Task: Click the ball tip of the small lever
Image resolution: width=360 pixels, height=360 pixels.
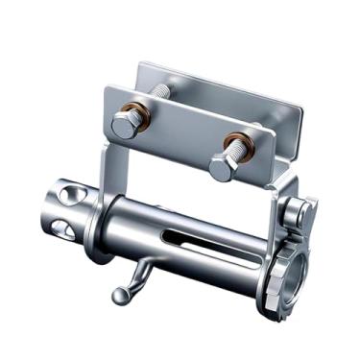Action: (118, 296)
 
